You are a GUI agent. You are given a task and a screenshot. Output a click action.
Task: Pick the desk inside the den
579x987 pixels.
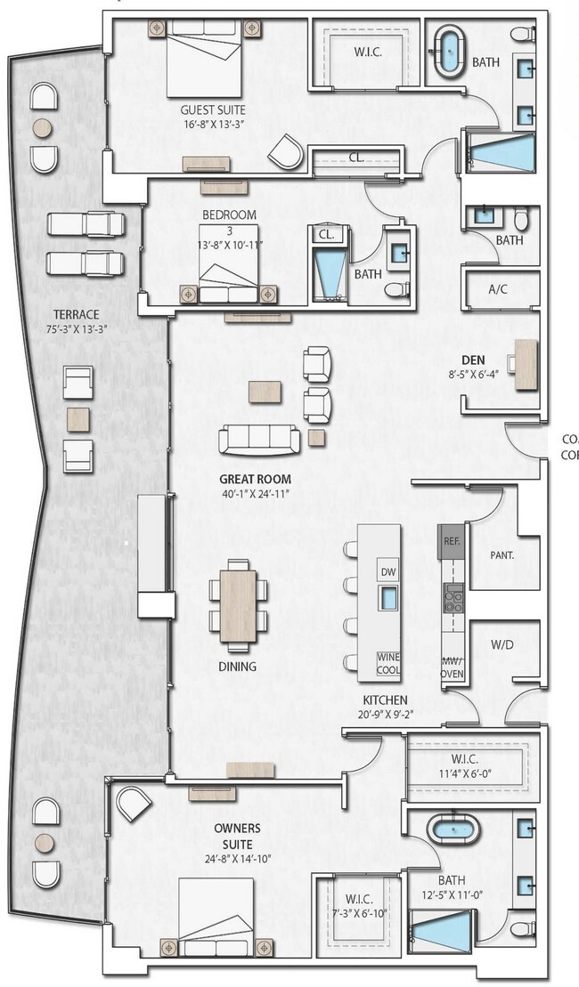pos(526,363)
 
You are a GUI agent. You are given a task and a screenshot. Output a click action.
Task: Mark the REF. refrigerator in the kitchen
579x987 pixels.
pos(450,540)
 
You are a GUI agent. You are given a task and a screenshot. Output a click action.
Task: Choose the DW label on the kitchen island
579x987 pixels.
pos(387,570)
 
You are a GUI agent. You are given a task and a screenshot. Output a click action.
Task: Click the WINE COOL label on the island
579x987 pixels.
pos(387,662)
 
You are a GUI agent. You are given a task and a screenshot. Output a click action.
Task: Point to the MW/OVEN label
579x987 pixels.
pos(453,667)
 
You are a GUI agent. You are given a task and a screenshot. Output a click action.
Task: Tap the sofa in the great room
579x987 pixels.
pos(260,438)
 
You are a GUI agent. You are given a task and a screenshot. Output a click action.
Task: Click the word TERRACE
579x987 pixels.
pos(76,315)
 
